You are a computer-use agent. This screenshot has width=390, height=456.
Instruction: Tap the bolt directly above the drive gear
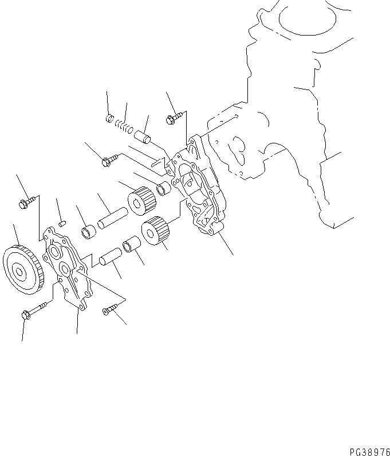pos(26,202)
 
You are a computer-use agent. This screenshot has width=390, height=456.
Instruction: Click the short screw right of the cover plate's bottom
pos(109,310)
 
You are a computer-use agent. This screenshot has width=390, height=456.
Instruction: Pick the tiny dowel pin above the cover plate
pos(64,218)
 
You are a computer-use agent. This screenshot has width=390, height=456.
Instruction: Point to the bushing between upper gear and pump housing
pos(165,188)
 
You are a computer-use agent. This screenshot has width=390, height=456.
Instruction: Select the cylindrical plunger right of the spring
pos(143,138)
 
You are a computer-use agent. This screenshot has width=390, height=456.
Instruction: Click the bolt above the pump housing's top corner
pos(173,119)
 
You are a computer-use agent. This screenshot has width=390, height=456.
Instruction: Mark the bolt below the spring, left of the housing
pos(109,161)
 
